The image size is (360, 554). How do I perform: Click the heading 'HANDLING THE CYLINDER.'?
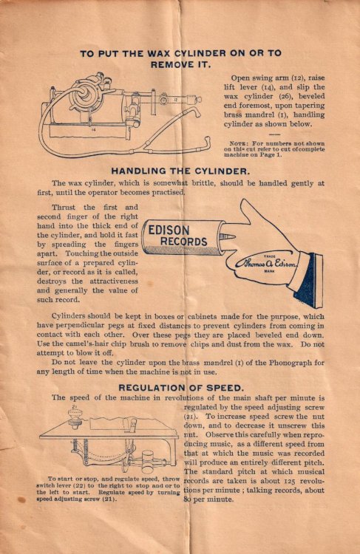(x=180, y=171)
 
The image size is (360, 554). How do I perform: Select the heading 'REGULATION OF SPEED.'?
(x=180, y=386)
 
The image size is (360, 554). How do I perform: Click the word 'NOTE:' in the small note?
(x=240, y=143)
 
